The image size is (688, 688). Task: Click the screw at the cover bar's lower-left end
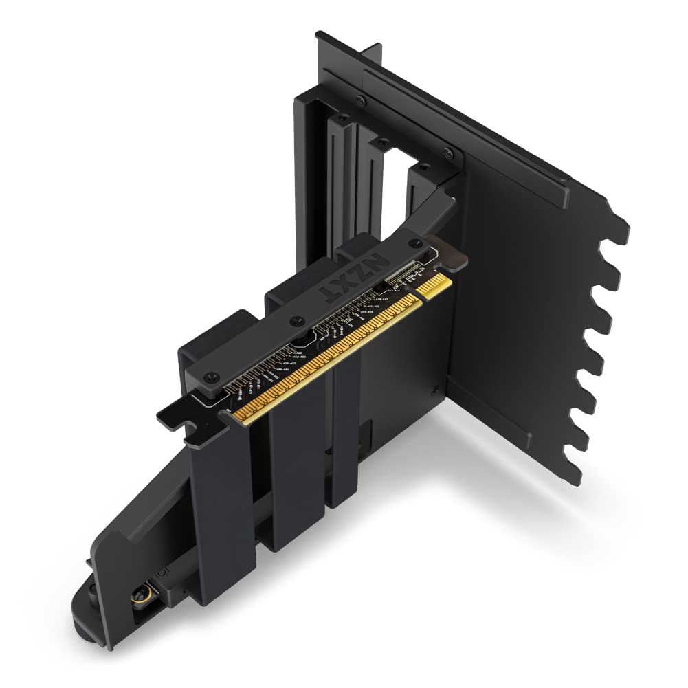(x=212, y=377)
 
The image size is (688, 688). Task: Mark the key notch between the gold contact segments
(x=417, y=294)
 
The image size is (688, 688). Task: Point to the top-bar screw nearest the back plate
(x=448, y=153)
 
